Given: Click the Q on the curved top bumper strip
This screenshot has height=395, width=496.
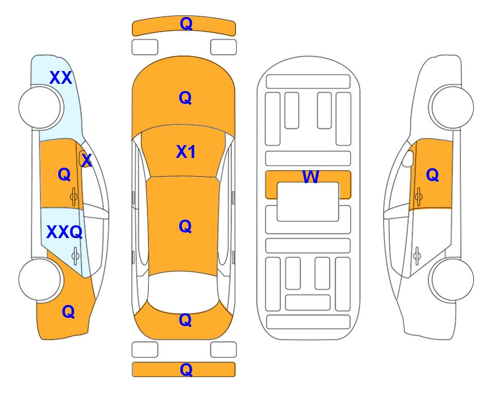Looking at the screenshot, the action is (x=186, y=24).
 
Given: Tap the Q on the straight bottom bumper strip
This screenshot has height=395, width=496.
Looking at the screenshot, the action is (x=186, y=369).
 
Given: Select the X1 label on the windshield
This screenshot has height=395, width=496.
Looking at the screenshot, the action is (x=186, y=152).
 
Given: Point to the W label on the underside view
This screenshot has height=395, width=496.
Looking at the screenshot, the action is (x=311, y=176).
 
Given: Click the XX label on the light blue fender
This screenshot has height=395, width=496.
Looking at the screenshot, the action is (x=61, y=78).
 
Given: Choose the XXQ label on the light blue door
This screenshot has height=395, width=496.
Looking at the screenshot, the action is (x=64, y=232).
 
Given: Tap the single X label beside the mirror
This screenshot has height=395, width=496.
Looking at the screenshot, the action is (x=87, y=160).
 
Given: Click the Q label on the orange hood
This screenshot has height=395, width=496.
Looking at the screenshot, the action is (x=185, y=98).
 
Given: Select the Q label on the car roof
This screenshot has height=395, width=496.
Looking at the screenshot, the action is (x=185, y=227).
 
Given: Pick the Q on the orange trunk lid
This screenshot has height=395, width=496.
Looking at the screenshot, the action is (x=185, y=320).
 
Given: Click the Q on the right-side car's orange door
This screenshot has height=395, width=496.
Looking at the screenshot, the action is (x=433, y=175).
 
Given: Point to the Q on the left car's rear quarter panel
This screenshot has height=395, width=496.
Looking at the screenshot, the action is (x=68, y=312).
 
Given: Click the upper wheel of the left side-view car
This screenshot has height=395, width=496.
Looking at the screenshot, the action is (x=40, y=107).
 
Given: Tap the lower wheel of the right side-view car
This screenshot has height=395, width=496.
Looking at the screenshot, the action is (x=453, y=279).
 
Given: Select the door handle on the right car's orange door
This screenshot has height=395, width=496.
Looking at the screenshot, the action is (x=419, y=196).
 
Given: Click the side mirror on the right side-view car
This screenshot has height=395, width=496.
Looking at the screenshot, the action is (x=408, y=158).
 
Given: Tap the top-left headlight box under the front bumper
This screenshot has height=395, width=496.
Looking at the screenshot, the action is (x=145, y=47).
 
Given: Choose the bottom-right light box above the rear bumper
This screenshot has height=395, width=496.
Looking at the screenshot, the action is (x=224, y=350).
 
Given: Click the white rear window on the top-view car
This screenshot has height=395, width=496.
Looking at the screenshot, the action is (x=183, y=292).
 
